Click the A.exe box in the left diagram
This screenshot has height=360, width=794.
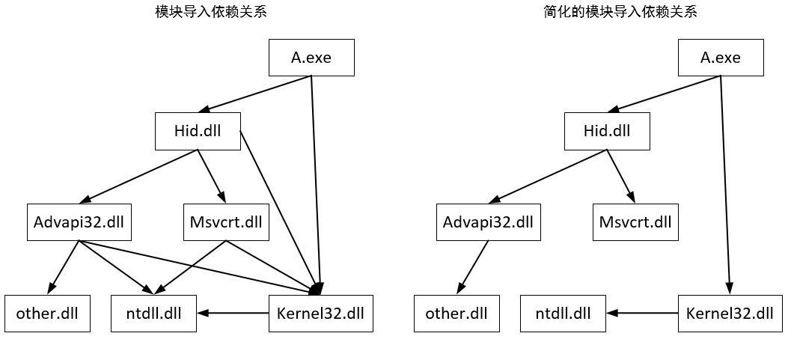pyautogui.click(x=311, y=58)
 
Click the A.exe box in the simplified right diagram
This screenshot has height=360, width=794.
pyautogui.click(x=721, y=58)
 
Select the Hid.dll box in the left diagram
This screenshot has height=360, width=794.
pyautogui.click(x=198, y=131)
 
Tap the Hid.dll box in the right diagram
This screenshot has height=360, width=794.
pyautogui.click(x=607, y=131)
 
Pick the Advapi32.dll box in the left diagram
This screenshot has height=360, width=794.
pyautogui.click(x=79, y=222)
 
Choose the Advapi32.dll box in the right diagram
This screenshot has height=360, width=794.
pyautogui.click(x=489, y=222)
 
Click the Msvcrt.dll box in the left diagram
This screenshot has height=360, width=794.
pyautogui.click(x=226, y=222)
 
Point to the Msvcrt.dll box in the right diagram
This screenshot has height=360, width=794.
pyautogui.click(x=635, y=222)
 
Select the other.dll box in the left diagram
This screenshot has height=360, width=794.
pyautogui.click(x=47, y=314)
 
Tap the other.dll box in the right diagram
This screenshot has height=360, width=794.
pyautogui.click(x=456, y=314)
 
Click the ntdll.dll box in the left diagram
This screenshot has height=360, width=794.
pyautogui.click(x=154, y=314)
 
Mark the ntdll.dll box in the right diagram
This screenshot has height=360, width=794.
pyautogui.click(x=564, y=314)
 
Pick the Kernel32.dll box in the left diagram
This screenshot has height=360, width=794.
pyautogui.click(x=320, y=314)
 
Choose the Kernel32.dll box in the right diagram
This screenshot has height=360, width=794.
pyautogui.click(x=730, y=314)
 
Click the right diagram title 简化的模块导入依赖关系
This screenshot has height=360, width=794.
pyautogui.click(x=620, y=12)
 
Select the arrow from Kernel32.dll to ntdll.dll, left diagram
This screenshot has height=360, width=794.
pyautogui.click(x=233, y=313)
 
